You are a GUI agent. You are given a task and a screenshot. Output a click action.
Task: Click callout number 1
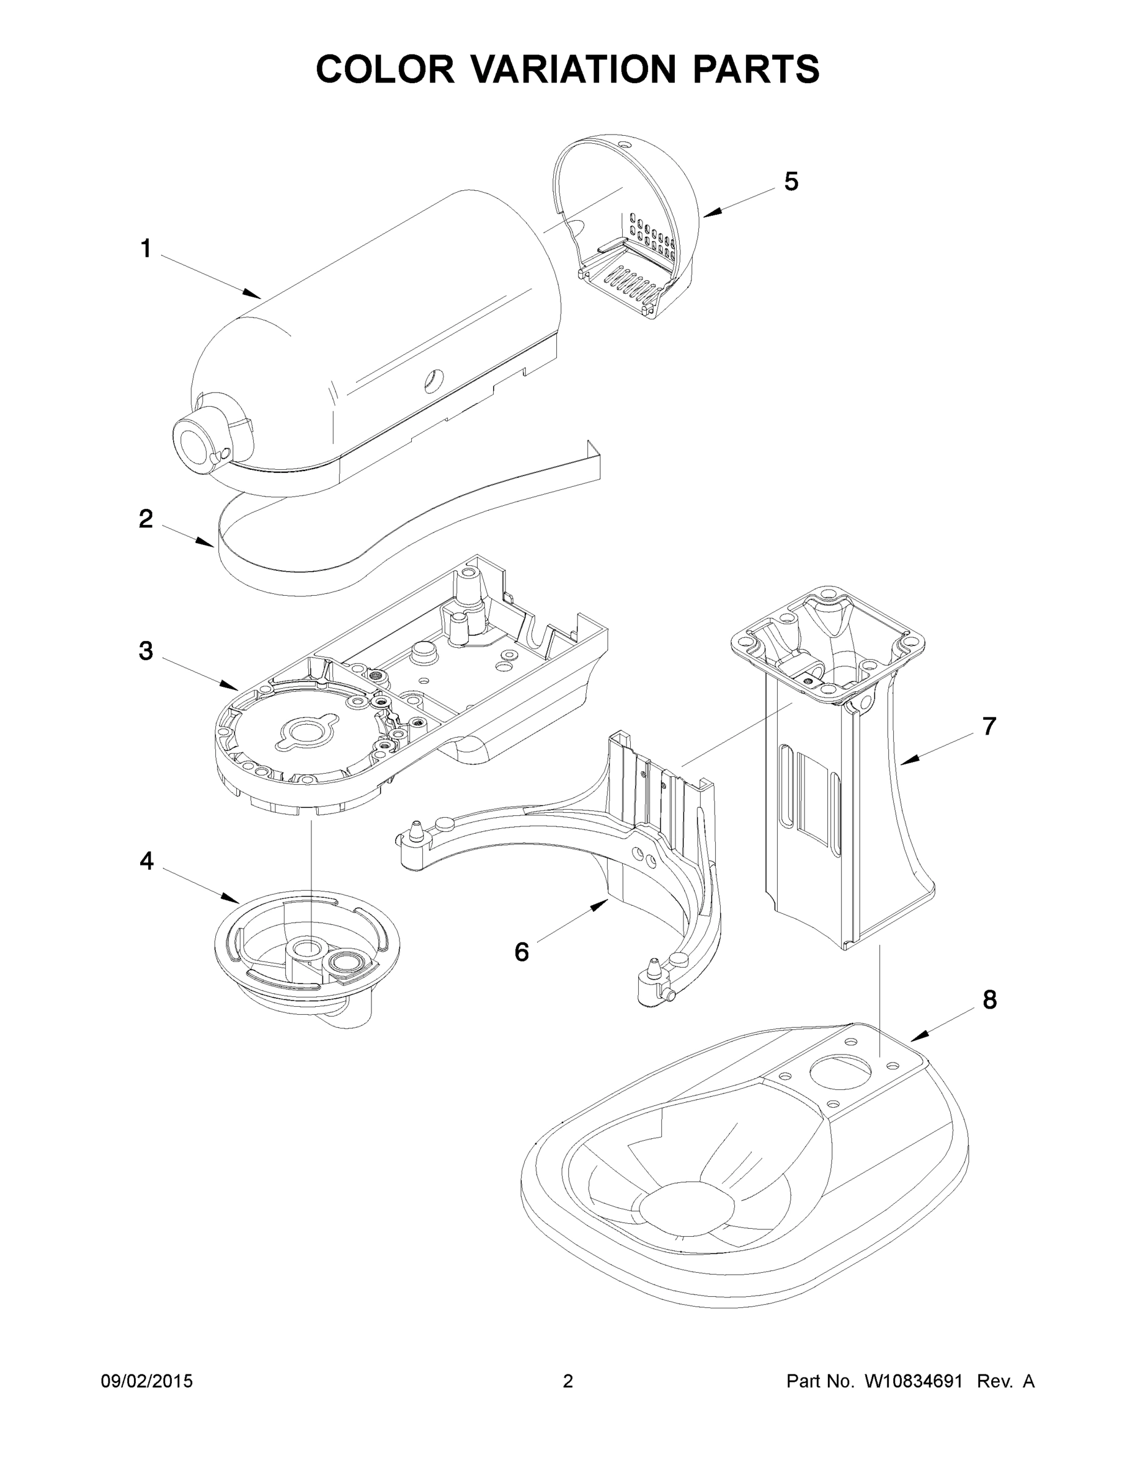click(x=146, y=250)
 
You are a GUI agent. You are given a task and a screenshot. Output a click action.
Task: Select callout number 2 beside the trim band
click(x=146, y=519)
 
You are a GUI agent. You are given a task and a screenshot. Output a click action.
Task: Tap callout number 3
click(x=146, y=651)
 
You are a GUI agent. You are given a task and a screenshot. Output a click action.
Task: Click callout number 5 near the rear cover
click(x=791, y=182)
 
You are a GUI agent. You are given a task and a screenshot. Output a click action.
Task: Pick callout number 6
click(x=522, y=952)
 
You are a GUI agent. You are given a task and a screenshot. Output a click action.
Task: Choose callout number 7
click(x=988, y=727)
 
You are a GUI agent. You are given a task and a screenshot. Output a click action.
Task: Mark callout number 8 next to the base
click(x=989, y=1019)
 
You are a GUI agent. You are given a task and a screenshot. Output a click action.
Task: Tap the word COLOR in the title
click(x=385, y=69)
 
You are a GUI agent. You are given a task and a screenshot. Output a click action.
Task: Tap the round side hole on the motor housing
click(x=431, y=381)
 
